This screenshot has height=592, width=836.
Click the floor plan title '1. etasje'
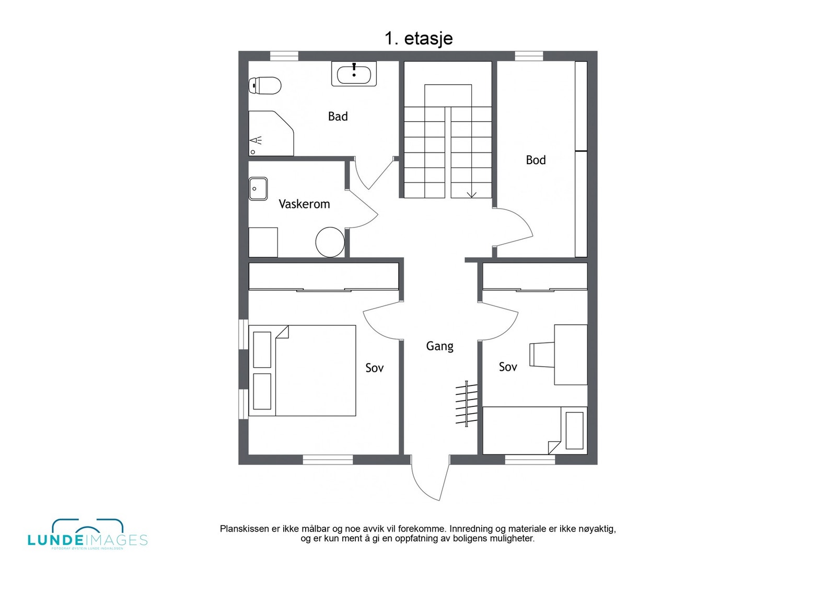click(419, 39)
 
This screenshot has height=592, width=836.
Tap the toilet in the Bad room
click(265, 85)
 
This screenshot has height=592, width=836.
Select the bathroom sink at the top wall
click(354, 74)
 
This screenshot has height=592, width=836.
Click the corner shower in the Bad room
click(269, 134)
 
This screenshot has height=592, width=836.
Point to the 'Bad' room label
click(338, 117)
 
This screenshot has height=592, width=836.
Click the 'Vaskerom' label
click(304, 204)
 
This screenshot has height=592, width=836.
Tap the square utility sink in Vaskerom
click(258, 189)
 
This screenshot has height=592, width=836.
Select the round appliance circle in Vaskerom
click(330, 242)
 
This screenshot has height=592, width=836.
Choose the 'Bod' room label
click(536, 161)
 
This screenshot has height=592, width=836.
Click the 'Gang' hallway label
click(439, 346)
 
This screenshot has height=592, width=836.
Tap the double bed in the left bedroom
click(303, 371)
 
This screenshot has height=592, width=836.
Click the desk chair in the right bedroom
click(541, 355)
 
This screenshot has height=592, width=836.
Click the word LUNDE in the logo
click(55, 541)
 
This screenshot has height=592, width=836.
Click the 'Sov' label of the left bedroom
click(374, 368)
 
